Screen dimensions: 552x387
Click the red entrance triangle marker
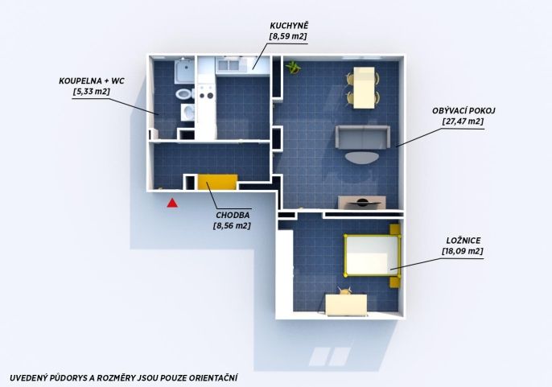tap(172, 203)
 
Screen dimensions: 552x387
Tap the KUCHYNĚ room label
tap(289, 26)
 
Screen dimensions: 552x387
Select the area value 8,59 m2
tap(288, 36)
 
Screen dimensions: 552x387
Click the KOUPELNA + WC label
tap(92, 81)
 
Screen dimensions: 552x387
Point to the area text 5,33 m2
tap(92, 92)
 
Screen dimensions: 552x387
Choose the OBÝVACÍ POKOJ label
tap(463, 110)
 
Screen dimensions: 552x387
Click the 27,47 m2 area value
tap(463, 121)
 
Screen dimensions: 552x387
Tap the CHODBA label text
tap(233, 215)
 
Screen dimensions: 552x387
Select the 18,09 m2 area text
tap(462, 251)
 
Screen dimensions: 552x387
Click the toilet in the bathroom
tap(183, 94)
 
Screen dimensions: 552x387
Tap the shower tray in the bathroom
tap(184, 72)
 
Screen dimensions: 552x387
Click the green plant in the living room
tap(293, 67)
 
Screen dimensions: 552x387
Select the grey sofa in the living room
tap(363, 137)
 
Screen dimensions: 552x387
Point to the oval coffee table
tap(362, 157)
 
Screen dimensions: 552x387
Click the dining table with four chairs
tap(364, 88)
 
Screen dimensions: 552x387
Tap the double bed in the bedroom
tap(373, 255)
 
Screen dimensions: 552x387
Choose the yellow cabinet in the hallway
tap(217, 182)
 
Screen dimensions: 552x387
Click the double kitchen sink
tap(229, 65)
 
